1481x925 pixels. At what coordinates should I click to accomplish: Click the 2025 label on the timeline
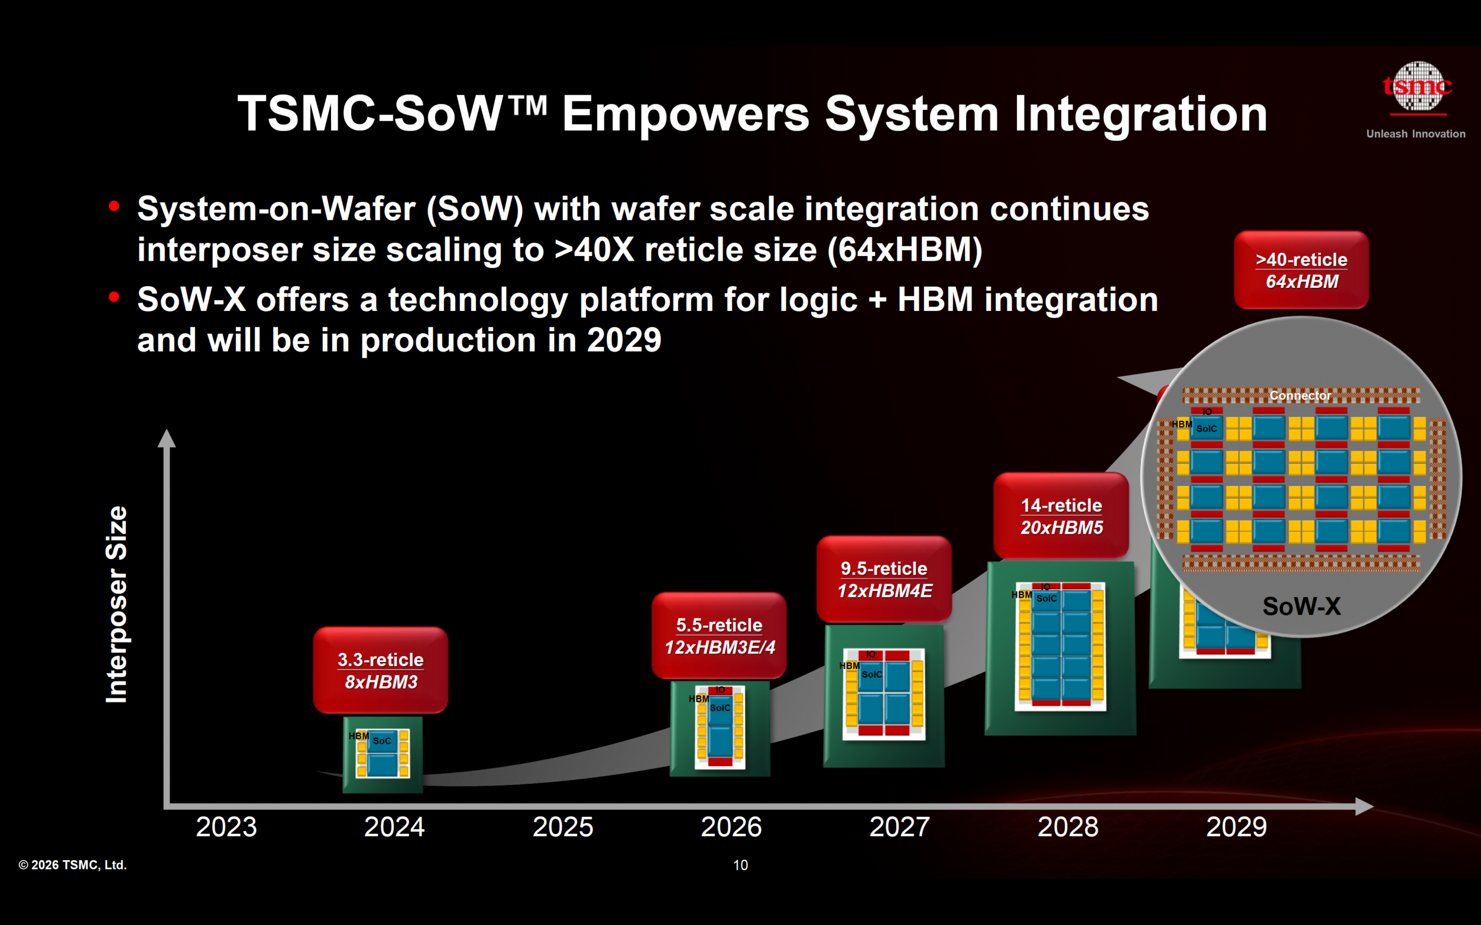click(x=562, y=827)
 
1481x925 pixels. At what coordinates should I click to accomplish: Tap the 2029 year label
click(x=1236, y=827)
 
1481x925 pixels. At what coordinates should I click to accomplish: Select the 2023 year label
click(x=226, y=827)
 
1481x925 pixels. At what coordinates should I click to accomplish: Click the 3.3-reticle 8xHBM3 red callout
click(x=381, y=670)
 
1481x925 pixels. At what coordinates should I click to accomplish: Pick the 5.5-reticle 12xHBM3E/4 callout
click(x=719, y=635)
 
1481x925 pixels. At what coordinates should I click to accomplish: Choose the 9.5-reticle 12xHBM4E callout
click(x=884, y=579)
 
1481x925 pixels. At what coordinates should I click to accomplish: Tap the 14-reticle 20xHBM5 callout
click(x=1061, y=516)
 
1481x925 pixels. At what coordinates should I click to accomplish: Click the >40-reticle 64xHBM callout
click(x=1301, y=270)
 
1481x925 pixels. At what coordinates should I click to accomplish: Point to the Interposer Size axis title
click(x=116, y=605)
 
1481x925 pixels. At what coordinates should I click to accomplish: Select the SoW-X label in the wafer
click(x=1302, y=606)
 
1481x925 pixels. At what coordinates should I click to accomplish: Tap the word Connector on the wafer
click(x=1300, y=396)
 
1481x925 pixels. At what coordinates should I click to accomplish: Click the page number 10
click(x=740, y=865)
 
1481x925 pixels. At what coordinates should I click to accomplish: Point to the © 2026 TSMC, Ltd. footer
click(x=72, y=865)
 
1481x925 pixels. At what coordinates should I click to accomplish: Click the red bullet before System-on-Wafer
click(x=114, y=207)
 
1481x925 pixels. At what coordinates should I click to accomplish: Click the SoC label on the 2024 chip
click(x=382, y=741)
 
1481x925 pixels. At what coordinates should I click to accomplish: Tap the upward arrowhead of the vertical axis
click(x=167, y=438)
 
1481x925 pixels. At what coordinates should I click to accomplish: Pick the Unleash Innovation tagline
click(x=1416, y=134)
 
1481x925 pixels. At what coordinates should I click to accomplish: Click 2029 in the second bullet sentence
click(x=624, y=339)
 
